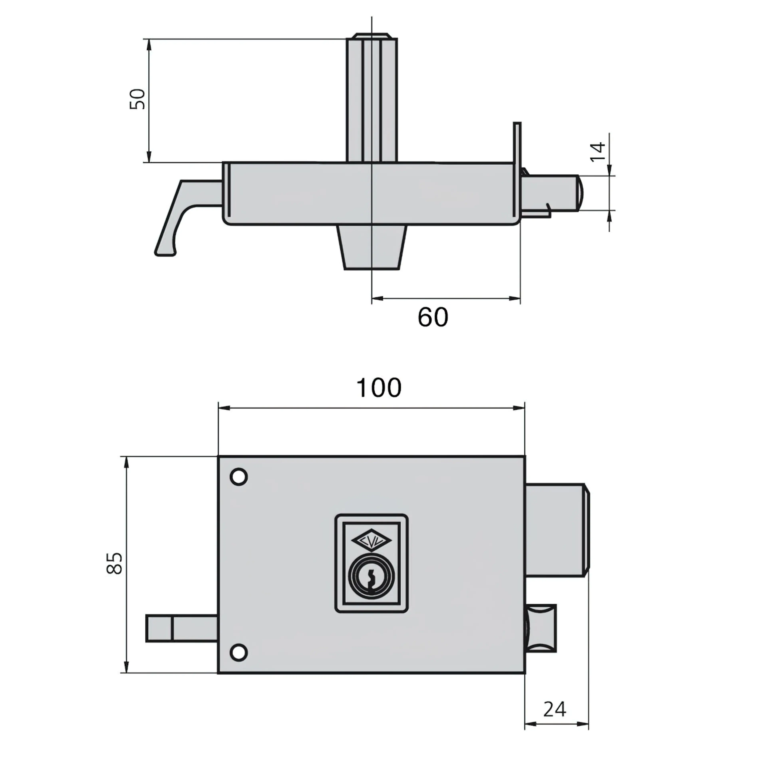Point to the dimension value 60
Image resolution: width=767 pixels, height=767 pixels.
coord(433,317)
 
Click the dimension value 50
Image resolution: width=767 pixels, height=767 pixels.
coord(138,99)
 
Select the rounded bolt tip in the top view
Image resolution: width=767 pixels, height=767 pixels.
coord(580,193)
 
